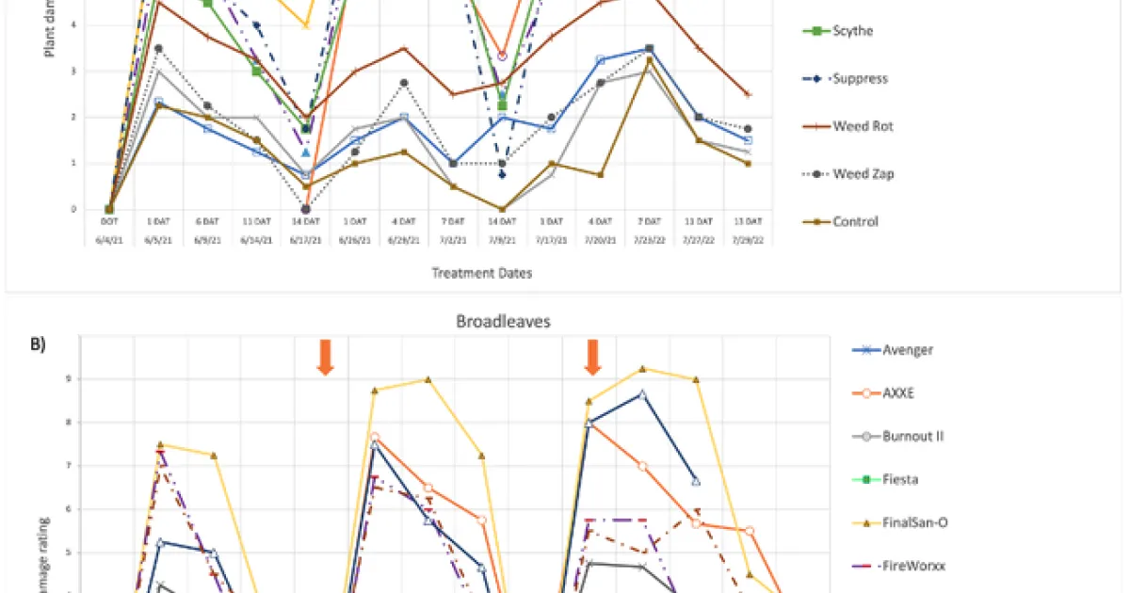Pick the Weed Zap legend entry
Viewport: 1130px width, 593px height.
tap(856, 174)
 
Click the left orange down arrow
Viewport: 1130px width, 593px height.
tap(325, 357)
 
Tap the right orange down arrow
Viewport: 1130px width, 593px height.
tap(592, 357)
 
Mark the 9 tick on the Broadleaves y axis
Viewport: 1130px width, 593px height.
tap(68, 379)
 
